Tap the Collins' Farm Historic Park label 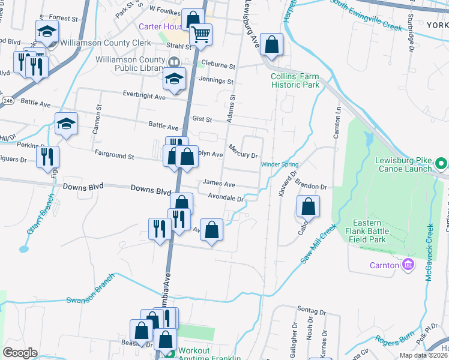coord(294,81)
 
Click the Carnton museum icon coord(408,265)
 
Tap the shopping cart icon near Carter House coord(201,34)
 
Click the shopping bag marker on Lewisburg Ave coord(272,45)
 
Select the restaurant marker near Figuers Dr coord(47,157)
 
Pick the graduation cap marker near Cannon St coord(66,124)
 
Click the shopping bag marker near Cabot coord(307,207)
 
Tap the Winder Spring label coord(279,164)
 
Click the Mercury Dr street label coord(243,151)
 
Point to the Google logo coord(20,353)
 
